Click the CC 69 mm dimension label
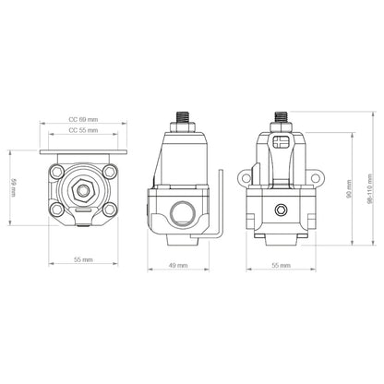coord(84,120)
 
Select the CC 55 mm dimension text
coord(84,132)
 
